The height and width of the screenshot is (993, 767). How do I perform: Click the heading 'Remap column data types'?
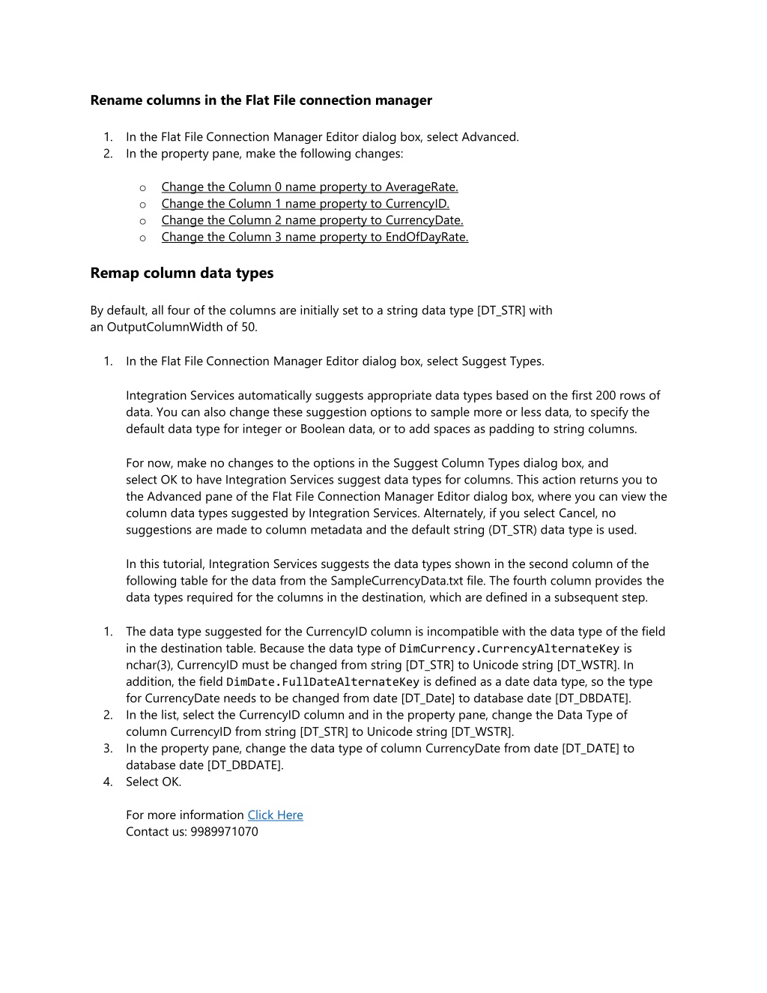pyautogui.click(x=181, y=274)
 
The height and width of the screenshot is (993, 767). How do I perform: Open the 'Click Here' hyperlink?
pyautogui.click(x=275, y=815)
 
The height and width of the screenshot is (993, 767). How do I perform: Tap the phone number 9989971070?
pyautogui.click(x=224, y=832)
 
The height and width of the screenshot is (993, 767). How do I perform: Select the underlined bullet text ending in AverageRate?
pyautogui.click(x=309, y=187)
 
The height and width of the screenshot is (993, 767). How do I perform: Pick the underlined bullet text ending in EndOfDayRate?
pyautogui.click(x=315, y=238)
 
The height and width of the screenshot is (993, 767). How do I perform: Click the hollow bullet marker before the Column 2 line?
pyautogui.click(x=143, y=221)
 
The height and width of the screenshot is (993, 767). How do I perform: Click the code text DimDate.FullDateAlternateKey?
pyautogui.click(x=323, y=682)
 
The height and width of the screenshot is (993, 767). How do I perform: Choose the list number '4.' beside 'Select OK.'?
pyautogui.click(x=108, y=782)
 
